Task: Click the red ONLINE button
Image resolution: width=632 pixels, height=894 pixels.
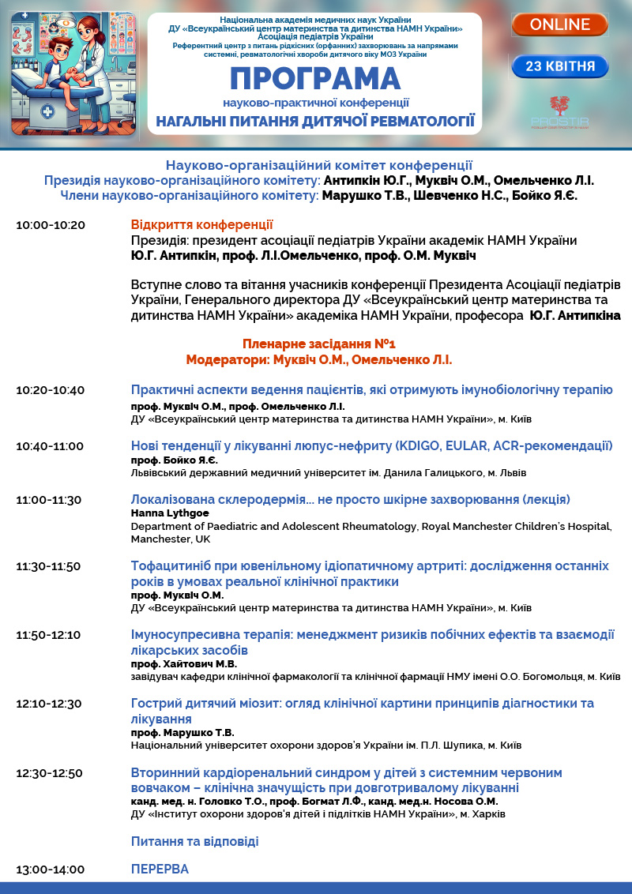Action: pyautogui.click(x=559, y=24)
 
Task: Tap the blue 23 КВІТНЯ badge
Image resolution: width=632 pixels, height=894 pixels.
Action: pyautogui.click(x=559, y=66)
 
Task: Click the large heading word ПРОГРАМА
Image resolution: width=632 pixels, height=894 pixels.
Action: pyautogui.click(x=315, y=80)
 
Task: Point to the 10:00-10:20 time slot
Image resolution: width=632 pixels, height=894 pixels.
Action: pyautogui.click(x=50, y=225)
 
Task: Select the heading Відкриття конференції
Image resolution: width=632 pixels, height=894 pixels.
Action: pyautogui.click(x=201, y=225)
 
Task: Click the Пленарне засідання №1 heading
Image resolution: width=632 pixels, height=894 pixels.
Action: pyautogui.click(x=318, y=344)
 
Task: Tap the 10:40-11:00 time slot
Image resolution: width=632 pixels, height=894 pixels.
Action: pyautogui.click(x=50, y=446)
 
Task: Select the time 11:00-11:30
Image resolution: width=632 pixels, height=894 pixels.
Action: pyautogui.click(x=49, y=500)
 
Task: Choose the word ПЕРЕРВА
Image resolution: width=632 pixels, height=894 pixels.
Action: pyautogui.click(x=160, y=869)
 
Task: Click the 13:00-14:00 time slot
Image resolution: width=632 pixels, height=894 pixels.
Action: pyautogui.click(x=50, y=870)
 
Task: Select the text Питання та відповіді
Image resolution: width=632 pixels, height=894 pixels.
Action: pyautogui.click(x=194, y=841)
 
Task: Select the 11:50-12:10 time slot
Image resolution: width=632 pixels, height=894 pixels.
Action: pyautogui.click(x=49, y=635)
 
